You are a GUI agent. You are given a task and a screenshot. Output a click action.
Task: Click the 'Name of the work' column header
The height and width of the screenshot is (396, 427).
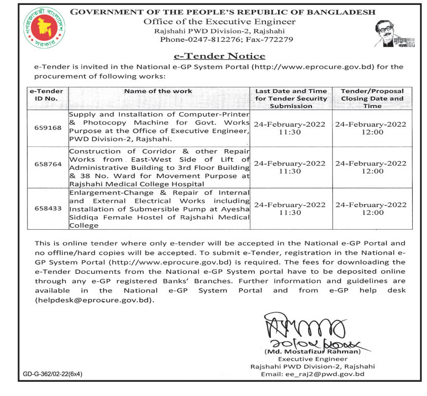158,91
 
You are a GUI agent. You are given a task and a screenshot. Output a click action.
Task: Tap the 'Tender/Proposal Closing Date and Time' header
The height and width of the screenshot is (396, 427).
372,98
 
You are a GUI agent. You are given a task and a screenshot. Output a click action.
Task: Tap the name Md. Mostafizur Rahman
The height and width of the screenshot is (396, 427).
312,351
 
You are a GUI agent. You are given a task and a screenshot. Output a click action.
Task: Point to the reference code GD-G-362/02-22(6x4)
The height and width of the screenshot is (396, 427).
53,374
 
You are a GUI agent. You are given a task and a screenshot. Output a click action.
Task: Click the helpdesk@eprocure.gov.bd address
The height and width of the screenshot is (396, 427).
94,300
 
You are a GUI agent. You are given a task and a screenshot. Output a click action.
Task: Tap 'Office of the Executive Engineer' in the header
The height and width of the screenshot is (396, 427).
219,22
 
